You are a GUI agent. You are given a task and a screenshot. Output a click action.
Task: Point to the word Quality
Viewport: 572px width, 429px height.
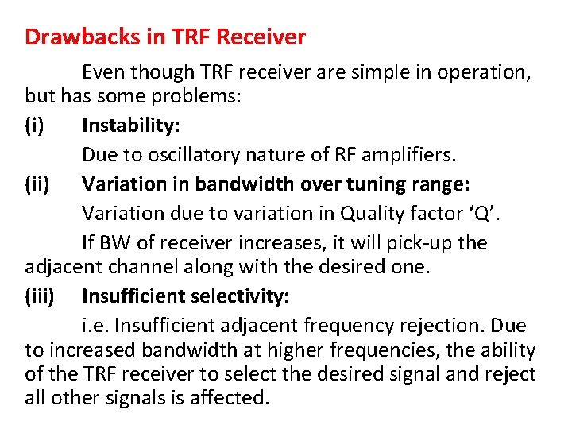pos(371,213)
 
